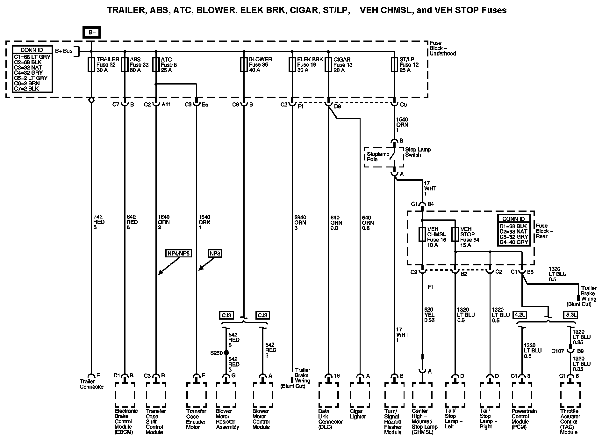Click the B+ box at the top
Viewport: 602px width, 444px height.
pyautogui.click(x=92, y=33)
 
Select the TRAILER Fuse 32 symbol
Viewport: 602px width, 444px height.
pyautogui.click(x=91, y=64)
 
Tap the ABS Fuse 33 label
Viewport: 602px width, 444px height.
pyautogui.click(x=139, y=65)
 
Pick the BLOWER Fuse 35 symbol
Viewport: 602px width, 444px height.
pyautogui.click(x=244, y=64)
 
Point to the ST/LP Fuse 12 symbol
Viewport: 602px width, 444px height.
pyautogui.click(x=394, y=64)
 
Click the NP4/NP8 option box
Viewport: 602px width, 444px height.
pyautogui.click(x=178, y=254)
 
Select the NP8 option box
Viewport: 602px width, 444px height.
pyautogui.click(x=215, y=254)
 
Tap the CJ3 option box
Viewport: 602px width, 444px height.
pyautogui.click(x=226, y=315)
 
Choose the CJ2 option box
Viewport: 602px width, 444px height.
pyautogui.click(x=263, y=315)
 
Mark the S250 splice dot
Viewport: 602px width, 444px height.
pyautogui.click(x=226, y=353)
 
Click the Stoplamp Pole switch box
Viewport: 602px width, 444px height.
pyautogui.click(x=384, y=157)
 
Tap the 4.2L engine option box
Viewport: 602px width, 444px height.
pyautogui.click(x=520, y=315)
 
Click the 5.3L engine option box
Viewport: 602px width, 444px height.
pyautogui.click(x=570, y=315)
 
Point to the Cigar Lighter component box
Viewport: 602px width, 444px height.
pyautogui.click(x=360, y=395)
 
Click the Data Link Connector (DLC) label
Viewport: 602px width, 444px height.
pyautogui.click(x=330, y=419)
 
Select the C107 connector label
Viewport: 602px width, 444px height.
pyautogui.click(x=558, y=351)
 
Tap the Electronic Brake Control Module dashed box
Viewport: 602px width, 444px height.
pyautogui.click(x=125, y=395)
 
